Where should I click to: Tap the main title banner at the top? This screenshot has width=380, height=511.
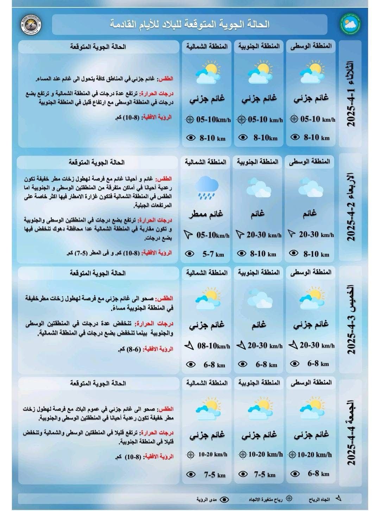[x=190, y=24]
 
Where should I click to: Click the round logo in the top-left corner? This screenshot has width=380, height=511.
[x=31, y=24]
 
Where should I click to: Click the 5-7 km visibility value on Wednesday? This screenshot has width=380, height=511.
[x=214, y=254]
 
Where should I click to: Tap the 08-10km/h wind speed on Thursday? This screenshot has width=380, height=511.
[x=214, y=346]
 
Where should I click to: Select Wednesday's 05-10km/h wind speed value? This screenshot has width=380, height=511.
[x=213, y=235]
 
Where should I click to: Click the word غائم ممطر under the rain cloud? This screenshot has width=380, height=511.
[x=207, y=214]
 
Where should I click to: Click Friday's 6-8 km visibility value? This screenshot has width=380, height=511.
[x=318, y=473]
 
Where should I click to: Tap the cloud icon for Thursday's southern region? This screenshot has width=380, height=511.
[x=259, y=300]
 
